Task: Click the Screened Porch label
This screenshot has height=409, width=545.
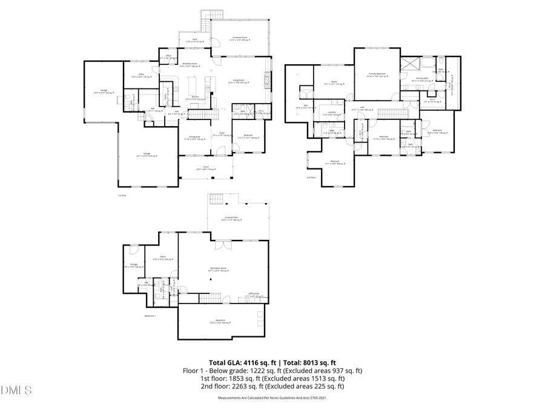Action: click(241, 38)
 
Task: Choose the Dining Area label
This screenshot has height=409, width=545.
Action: click(194, 138)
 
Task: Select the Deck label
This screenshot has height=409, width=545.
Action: click(194, 41)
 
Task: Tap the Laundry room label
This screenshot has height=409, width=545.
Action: click(331, 113)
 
